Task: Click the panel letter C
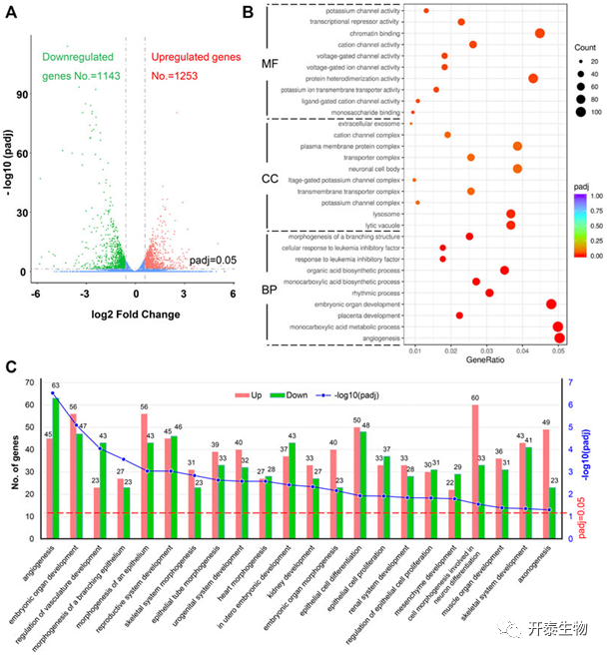pyautogui.click(x=12, y=366)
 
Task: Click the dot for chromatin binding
pyautogui.click(x=540, y=33)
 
